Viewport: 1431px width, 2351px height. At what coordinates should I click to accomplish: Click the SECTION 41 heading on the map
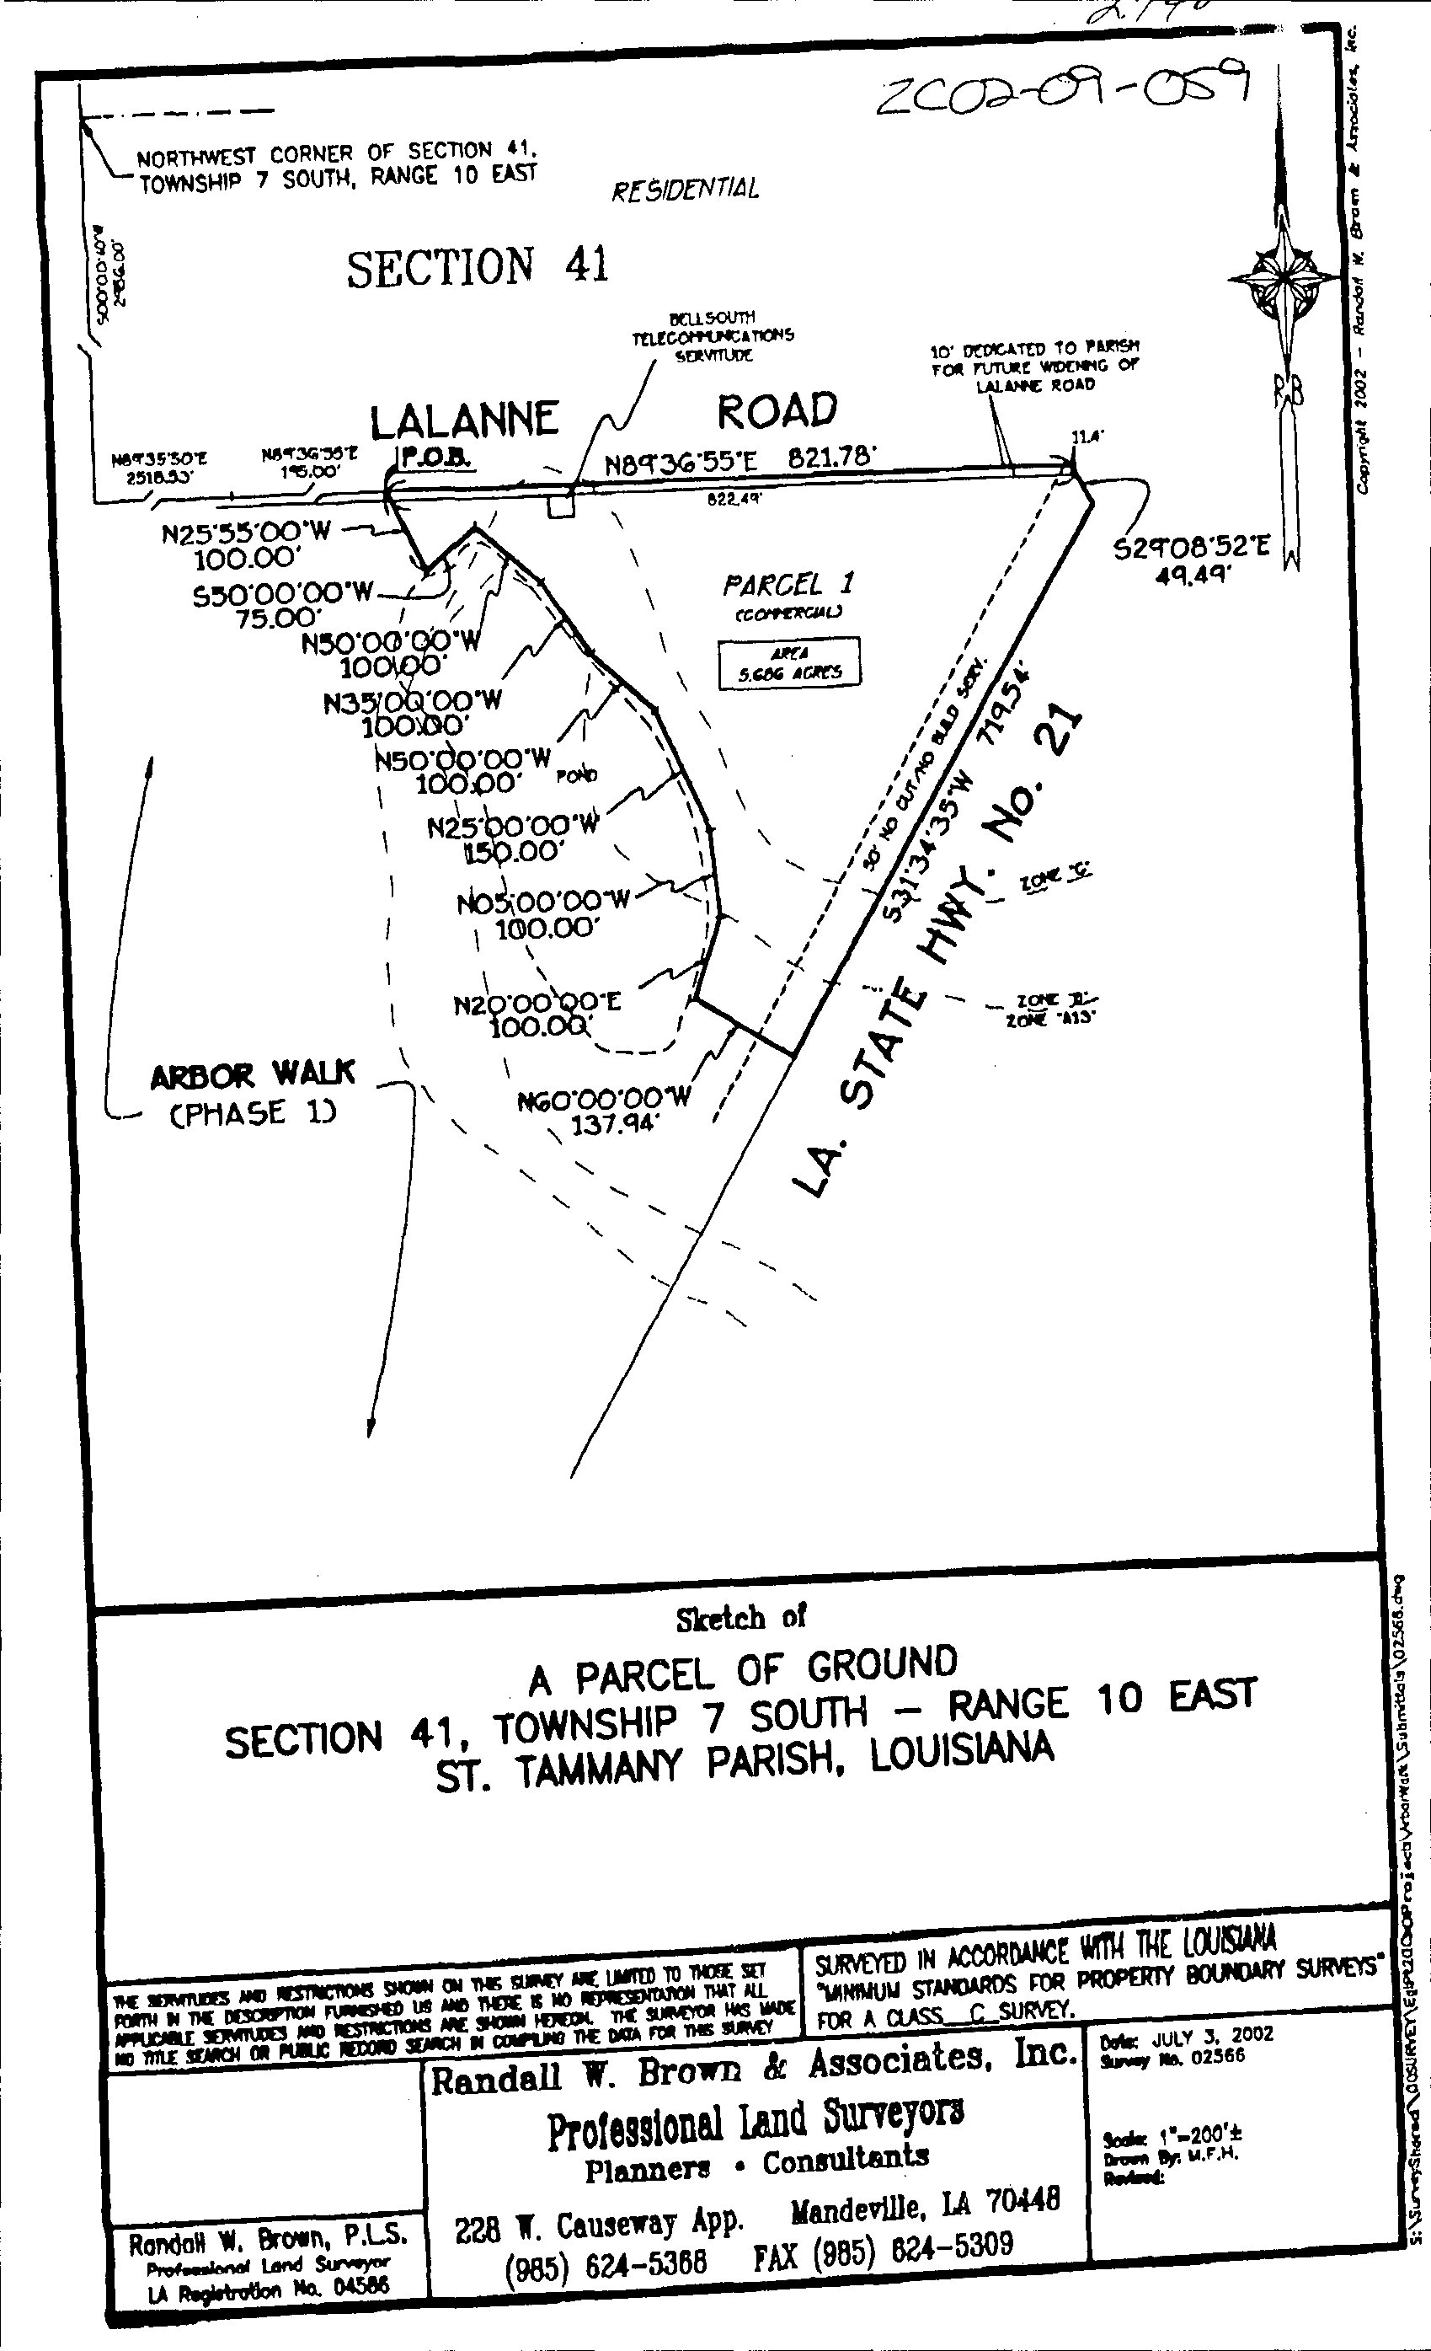[x=477, y=267]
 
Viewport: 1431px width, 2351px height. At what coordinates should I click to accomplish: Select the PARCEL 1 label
[x=788, y=584]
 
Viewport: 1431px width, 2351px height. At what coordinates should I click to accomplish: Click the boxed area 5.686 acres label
[x=789, y=662]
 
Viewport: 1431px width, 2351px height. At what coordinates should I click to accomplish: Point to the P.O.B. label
[x=435, y=457]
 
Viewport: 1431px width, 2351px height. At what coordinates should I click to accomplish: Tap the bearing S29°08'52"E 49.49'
[x=1193, y=560]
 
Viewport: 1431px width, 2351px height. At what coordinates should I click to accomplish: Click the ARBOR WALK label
[x=253, y=1075]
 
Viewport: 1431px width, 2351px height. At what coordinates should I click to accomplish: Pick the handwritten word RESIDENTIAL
[x=685, y=189]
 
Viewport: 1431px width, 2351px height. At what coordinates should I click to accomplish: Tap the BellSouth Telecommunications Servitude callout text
[x=713, y=336]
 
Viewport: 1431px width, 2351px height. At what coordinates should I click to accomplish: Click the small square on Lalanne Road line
[x=561, y=505]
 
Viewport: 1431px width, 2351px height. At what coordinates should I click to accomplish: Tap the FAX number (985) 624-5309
[x=883, y=2244]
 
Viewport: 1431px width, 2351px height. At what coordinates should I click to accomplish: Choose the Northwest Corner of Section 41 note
[x=338, y=166]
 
